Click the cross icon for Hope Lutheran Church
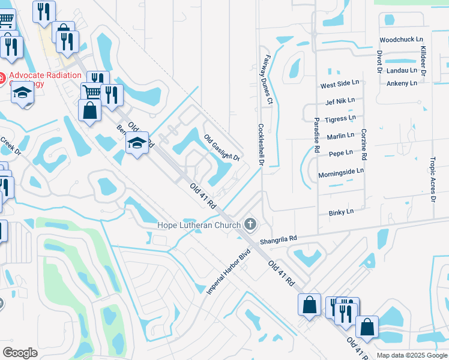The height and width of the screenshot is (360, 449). (x=250, y=225)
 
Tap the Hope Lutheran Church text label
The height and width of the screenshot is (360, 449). (x=199, y=225)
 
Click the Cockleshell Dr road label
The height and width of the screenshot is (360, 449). (x=261, y=145)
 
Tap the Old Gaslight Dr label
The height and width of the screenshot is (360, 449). (x=222, y=148)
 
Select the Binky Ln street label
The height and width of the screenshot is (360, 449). (x=341, y=212)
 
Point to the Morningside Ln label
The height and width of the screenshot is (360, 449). (x=341, y=171)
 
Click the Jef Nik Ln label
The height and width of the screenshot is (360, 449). (x=340, y=101)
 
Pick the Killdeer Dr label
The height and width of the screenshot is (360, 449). (x=423, y=60)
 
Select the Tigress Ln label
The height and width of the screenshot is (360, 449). (x=340, y=119)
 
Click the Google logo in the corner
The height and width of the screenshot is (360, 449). (x=20, y=353)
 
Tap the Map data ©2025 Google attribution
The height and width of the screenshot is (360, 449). (x=412, y=355)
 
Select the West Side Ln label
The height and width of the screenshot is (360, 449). (x=339, y=84)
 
